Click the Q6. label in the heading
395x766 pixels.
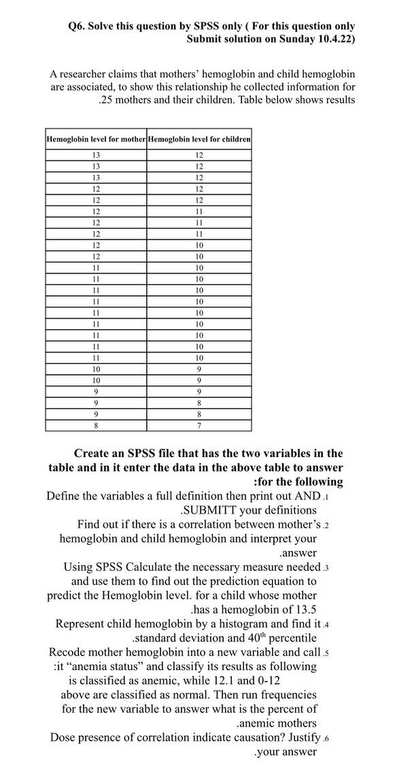coord(79,26)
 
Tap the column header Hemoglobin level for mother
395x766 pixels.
coord(96,139)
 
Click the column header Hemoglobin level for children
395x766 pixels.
coord(199,139)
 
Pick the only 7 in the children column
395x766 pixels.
coord(199,425)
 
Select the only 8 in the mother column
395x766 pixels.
coord(96,425)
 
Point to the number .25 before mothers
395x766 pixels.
coord(107,100)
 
